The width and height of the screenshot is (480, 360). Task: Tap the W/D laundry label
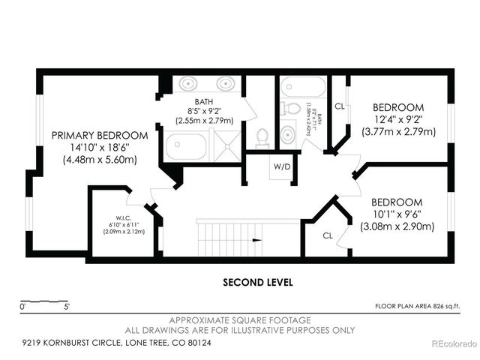coord(283,166)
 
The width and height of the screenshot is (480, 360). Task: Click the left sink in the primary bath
coord(188,83)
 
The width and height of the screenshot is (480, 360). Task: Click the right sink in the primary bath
coord(226,83)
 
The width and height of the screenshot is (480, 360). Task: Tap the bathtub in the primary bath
coord(187,145)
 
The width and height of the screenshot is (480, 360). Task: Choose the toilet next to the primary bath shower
coord(262,136)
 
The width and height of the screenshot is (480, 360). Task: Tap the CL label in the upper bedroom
coord(340,106)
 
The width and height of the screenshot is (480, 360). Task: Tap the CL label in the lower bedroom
coord(328,235)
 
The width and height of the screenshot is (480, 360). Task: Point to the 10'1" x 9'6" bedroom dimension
coord(398,214)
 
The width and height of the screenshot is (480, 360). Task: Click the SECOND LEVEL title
coord(257,283)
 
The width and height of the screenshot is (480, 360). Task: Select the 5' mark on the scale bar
coord(67,306)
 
